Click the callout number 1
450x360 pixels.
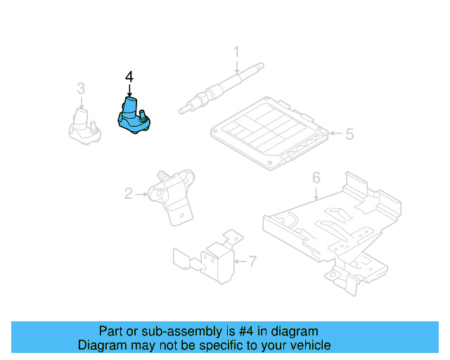coord(236,51)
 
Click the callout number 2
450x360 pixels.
coord(129,193)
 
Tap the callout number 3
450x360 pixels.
coord(81,89)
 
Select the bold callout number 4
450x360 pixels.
coord(129,76)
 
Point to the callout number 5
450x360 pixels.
coord(349,133)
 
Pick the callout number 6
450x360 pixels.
coord(316,176)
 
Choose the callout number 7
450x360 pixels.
coord(252,262)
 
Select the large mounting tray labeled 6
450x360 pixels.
coord(330,225)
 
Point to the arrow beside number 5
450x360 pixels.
coord(335,133)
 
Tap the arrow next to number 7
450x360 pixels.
coord(240,262)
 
